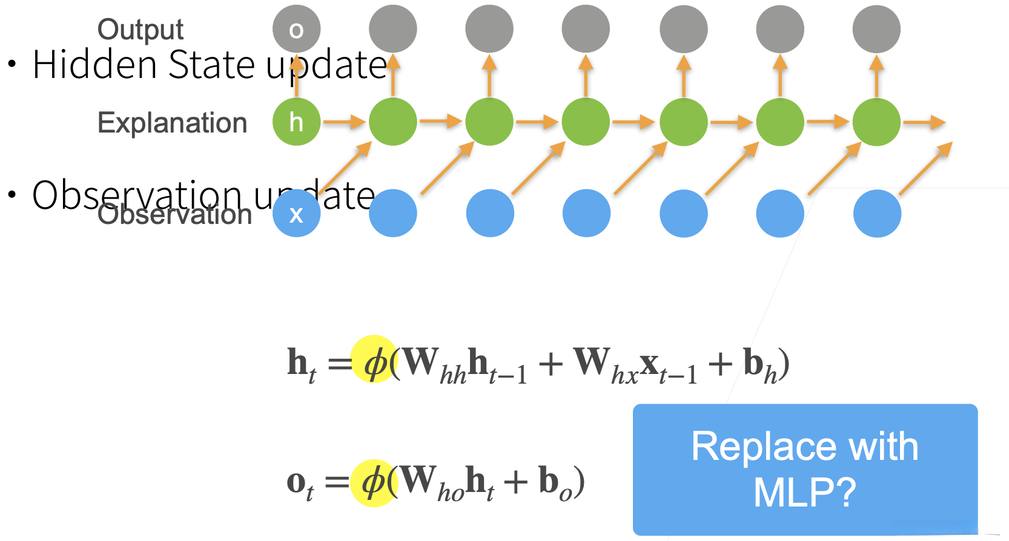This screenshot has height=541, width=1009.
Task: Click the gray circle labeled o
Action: tap(296, 29)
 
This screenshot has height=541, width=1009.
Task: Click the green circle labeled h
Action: tap(296, 122)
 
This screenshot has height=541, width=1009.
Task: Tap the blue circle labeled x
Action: tap(296, 214)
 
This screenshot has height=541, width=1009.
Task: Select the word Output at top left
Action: tap(140, 29)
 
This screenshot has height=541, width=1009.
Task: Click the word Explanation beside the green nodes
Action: tap(172, 123)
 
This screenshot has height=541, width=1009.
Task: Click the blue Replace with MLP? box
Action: tap(805, 469)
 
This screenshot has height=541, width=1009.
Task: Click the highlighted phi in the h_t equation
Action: tap(375, 363)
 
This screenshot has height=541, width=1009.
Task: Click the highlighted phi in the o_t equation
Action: tap(374, 482)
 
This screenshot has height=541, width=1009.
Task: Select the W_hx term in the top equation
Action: tap(606, 366)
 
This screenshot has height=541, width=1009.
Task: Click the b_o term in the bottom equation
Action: tap(555, 484)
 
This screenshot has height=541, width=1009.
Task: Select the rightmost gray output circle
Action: tap(876, 29)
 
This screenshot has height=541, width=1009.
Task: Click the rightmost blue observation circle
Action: tap(877, 214)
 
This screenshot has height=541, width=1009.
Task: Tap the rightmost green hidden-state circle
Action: tap(876, 122)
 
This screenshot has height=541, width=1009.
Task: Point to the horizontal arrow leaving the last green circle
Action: tap(924, 123)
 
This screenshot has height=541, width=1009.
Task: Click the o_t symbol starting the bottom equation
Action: tap(300, 485)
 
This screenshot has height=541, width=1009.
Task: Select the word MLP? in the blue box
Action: tap(804, 492)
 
